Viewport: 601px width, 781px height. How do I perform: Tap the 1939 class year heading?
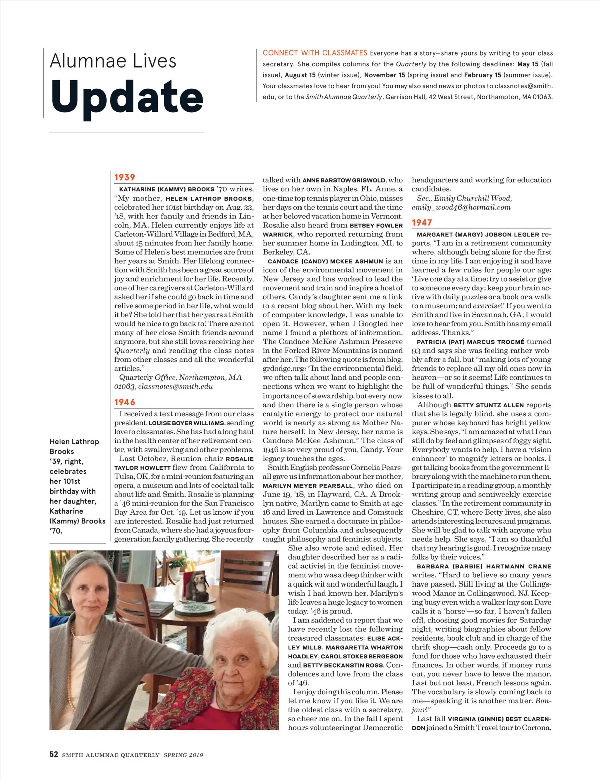pos(125,177)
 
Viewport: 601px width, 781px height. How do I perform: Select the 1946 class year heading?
pos(125,402)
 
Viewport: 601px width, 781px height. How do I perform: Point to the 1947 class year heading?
pos(422,223)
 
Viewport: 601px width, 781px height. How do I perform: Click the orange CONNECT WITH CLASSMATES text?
pos(315,53)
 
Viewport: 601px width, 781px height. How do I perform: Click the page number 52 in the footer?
pos(54,754)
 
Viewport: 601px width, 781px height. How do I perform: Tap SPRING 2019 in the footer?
pos(183,755)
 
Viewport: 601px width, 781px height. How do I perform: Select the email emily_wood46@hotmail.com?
pos(461,207)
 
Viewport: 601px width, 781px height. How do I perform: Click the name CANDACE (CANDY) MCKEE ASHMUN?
pos(326,261)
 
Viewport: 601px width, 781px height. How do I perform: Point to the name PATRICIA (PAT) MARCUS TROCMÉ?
pos(470,342)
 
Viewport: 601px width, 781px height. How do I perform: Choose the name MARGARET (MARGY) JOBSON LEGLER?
pos(478,234)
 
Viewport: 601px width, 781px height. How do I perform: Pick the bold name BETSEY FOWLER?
pos(376,226)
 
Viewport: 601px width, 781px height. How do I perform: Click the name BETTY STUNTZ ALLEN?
pos(488,405)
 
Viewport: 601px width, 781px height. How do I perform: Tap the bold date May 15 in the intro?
pos(528,64)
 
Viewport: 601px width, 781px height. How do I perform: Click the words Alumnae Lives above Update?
pos(113,61)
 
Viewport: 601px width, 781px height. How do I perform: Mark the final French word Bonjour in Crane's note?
pos(543,701)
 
